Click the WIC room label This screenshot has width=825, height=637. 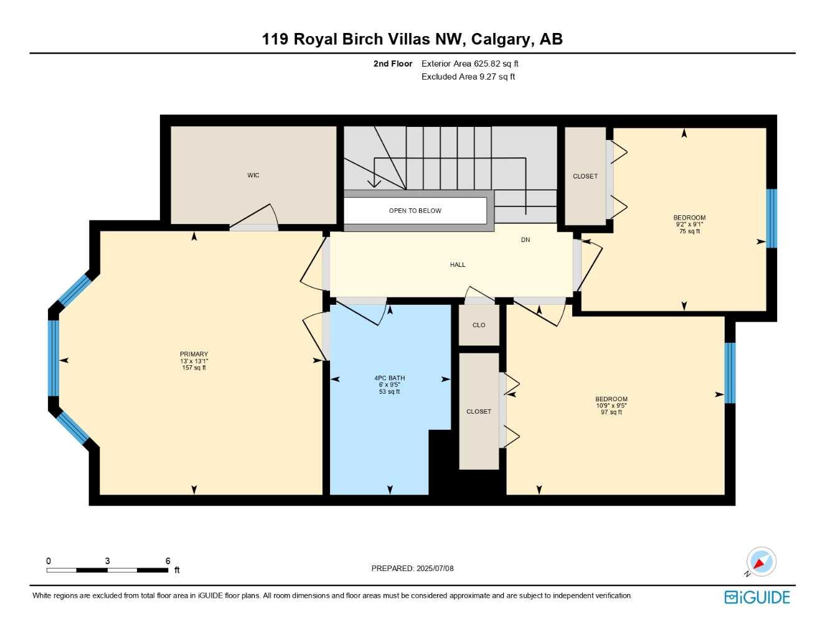tap(253, 175)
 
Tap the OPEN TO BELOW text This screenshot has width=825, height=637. tap(415, 211)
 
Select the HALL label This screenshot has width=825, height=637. tap(458, 265)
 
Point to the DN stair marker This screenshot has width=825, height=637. tap(526, 240)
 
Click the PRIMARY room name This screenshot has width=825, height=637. tap(194, 355)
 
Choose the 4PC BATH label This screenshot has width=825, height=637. tap(389, 378)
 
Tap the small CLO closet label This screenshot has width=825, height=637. tap(478, 325)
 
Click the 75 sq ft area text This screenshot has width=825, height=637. tap(689, 231)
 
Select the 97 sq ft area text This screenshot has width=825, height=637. tap(611, 412)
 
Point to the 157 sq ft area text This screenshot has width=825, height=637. tap(194, 368)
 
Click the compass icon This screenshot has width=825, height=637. tap(760, 562)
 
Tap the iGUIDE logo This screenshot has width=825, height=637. tap(757, 597)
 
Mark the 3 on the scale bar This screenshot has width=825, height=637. tap(107, 561)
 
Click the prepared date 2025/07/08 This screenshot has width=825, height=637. tap(435, 569)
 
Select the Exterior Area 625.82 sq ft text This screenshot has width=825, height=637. tap(469, 63)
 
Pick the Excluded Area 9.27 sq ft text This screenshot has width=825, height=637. tap(468, 77)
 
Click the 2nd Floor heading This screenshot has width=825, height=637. tap(392, 63)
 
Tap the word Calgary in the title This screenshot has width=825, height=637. tap(502, 39)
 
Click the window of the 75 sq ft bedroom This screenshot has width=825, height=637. tap(771, 218)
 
